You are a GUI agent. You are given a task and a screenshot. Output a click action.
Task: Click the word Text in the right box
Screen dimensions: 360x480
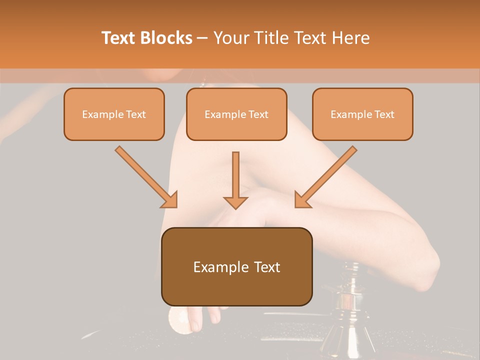[384, 114]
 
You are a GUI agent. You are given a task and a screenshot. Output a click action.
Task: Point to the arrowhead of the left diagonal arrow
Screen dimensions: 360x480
[170, 200]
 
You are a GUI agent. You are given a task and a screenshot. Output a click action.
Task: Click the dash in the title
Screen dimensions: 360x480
[202, 38]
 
